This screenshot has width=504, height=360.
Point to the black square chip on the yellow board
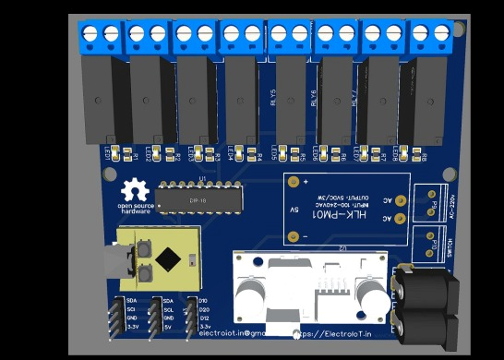pos(168,259)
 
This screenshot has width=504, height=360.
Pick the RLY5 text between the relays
pos(273,97)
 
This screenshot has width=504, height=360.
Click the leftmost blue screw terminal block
pos(101,37)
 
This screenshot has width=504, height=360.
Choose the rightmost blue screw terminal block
pos(430,37)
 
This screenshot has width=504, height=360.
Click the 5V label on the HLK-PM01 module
pos(294,210)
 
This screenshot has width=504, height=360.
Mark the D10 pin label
pos(203,301)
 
